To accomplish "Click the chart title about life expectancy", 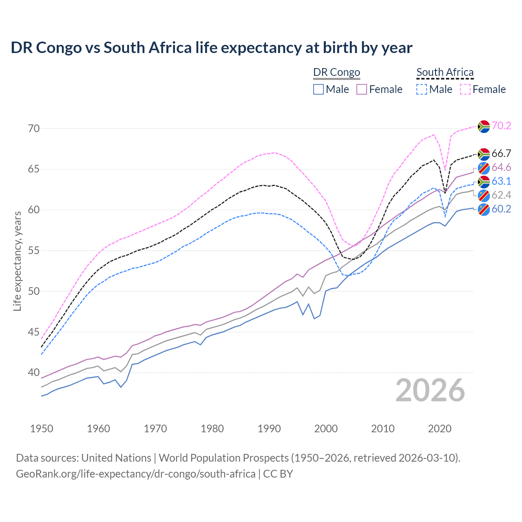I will pos(211,48).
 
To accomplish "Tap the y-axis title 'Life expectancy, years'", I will pos(17,261).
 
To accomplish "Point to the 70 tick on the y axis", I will pos(34,128).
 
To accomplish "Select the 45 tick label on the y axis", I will pos(34,332).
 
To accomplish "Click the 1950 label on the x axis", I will pos(42,429).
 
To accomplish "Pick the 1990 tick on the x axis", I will pos(269,429).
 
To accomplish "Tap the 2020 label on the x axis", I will pos(440,429).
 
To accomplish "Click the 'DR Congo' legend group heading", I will pos(336,72).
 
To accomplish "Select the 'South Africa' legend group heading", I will pos(445,72).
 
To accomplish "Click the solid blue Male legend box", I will pos(319,89).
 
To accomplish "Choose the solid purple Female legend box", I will pos(362,89).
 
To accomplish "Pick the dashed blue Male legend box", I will pos(422,89).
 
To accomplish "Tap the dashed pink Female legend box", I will pos(465,89).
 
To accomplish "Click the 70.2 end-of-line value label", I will pos(501,126).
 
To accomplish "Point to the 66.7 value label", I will pos(501,153).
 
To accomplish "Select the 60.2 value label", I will pos(501,209).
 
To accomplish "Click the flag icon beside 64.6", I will pos(484,168).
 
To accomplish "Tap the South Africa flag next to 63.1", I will pos(484,181).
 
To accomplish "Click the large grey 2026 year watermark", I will pos(430,390).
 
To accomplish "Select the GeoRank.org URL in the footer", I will pos(135,473).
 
